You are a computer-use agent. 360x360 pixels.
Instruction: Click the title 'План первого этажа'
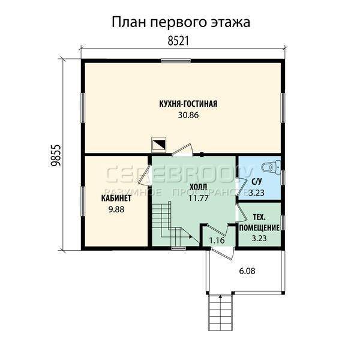(181, 23)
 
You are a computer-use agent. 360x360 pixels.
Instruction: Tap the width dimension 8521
(178, 41)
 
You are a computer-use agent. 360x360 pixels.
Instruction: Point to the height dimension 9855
(56, 155)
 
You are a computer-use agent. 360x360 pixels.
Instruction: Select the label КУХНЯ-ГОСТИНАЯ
(188, 104)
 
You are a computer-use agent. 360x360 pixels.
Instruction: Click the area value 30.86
(188, 115)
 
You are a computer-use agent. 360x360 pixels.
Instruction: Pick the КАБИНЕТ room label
(116, 198)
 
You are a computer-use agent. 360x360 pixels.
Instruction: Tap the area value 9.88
(116, 209)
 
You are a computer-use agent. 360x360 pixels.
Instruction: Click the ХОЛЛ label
(198, 187)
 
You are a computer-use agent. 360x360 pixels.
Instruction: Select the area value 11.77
(199, 198)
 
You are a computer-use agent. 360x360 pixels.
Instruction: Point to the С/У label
(257, 182)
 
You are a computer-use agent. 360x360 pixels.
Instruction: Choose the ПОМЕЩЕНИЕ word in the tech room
(259, 228)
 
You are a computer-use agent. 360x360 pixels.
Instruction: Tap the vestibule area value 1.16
(217, 241)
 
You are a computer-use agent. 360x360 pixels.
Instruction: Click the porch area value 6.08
(247, 271)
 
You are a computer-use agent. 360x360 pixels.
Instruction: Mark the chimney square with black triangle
(158, 145)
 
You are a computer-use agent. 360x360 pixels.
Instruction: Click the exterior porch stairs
(220, 312)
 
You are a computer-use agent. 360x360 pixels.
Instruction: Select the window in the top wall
(176, 61)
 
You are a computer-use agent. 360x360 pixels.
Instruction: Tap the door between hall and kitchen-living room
(182, 150)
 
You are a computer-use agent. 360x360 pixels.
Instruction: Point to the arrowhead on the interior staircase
(191, 236)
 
